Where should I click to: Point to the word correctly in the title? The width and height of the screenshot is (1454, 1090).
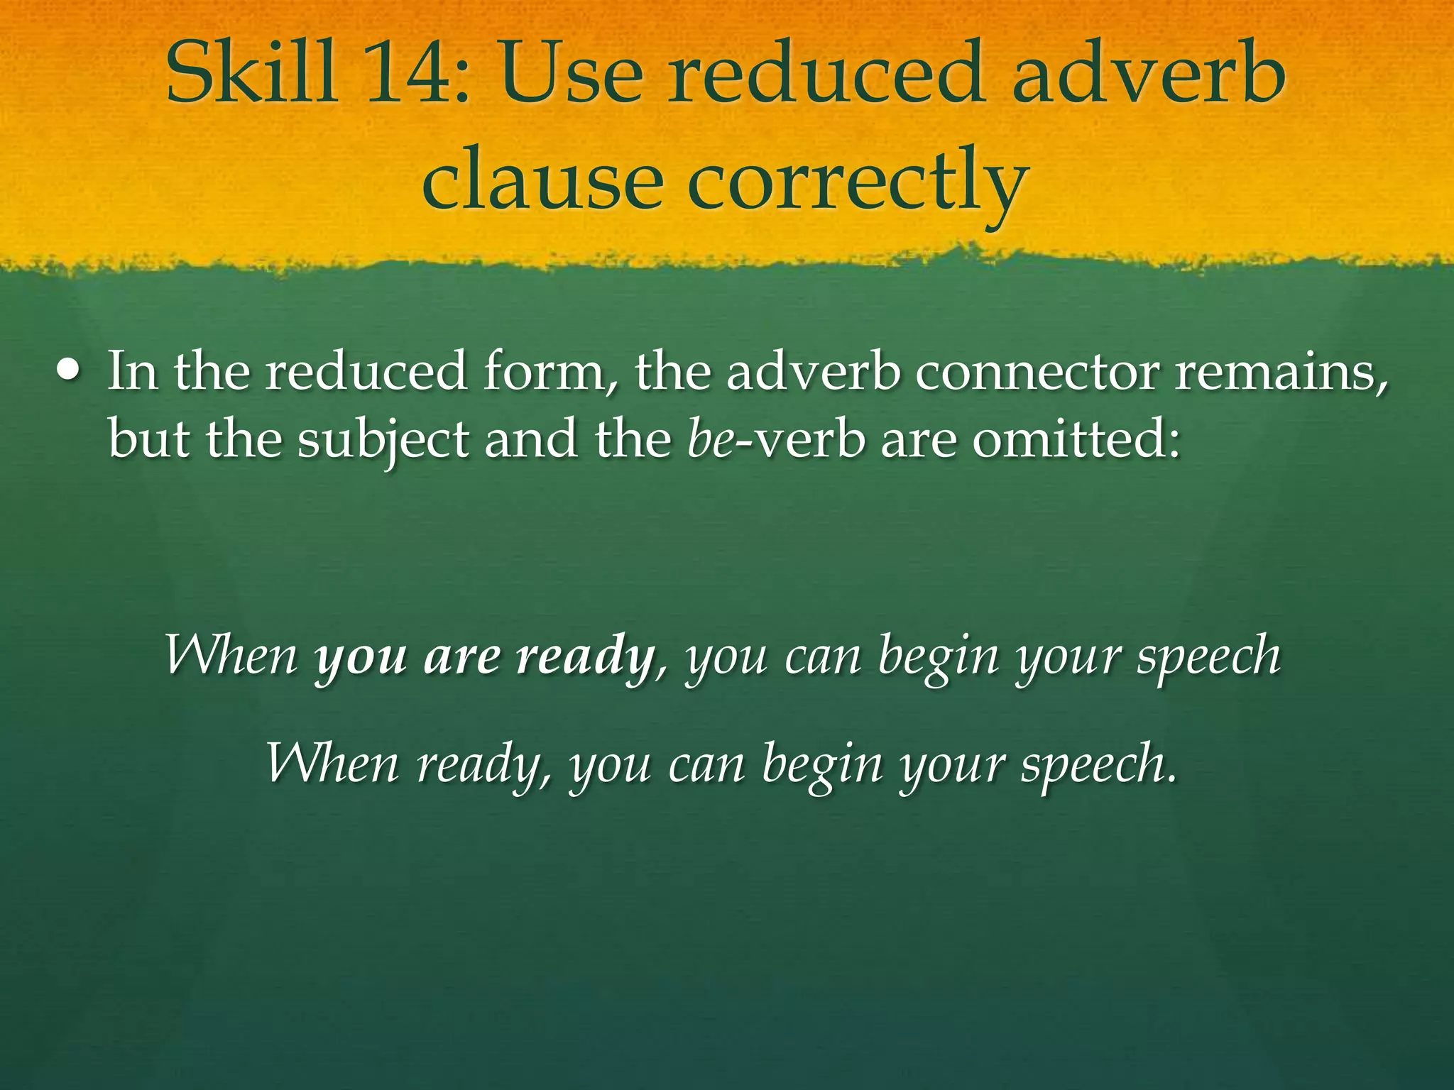(x=858, y=183)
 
